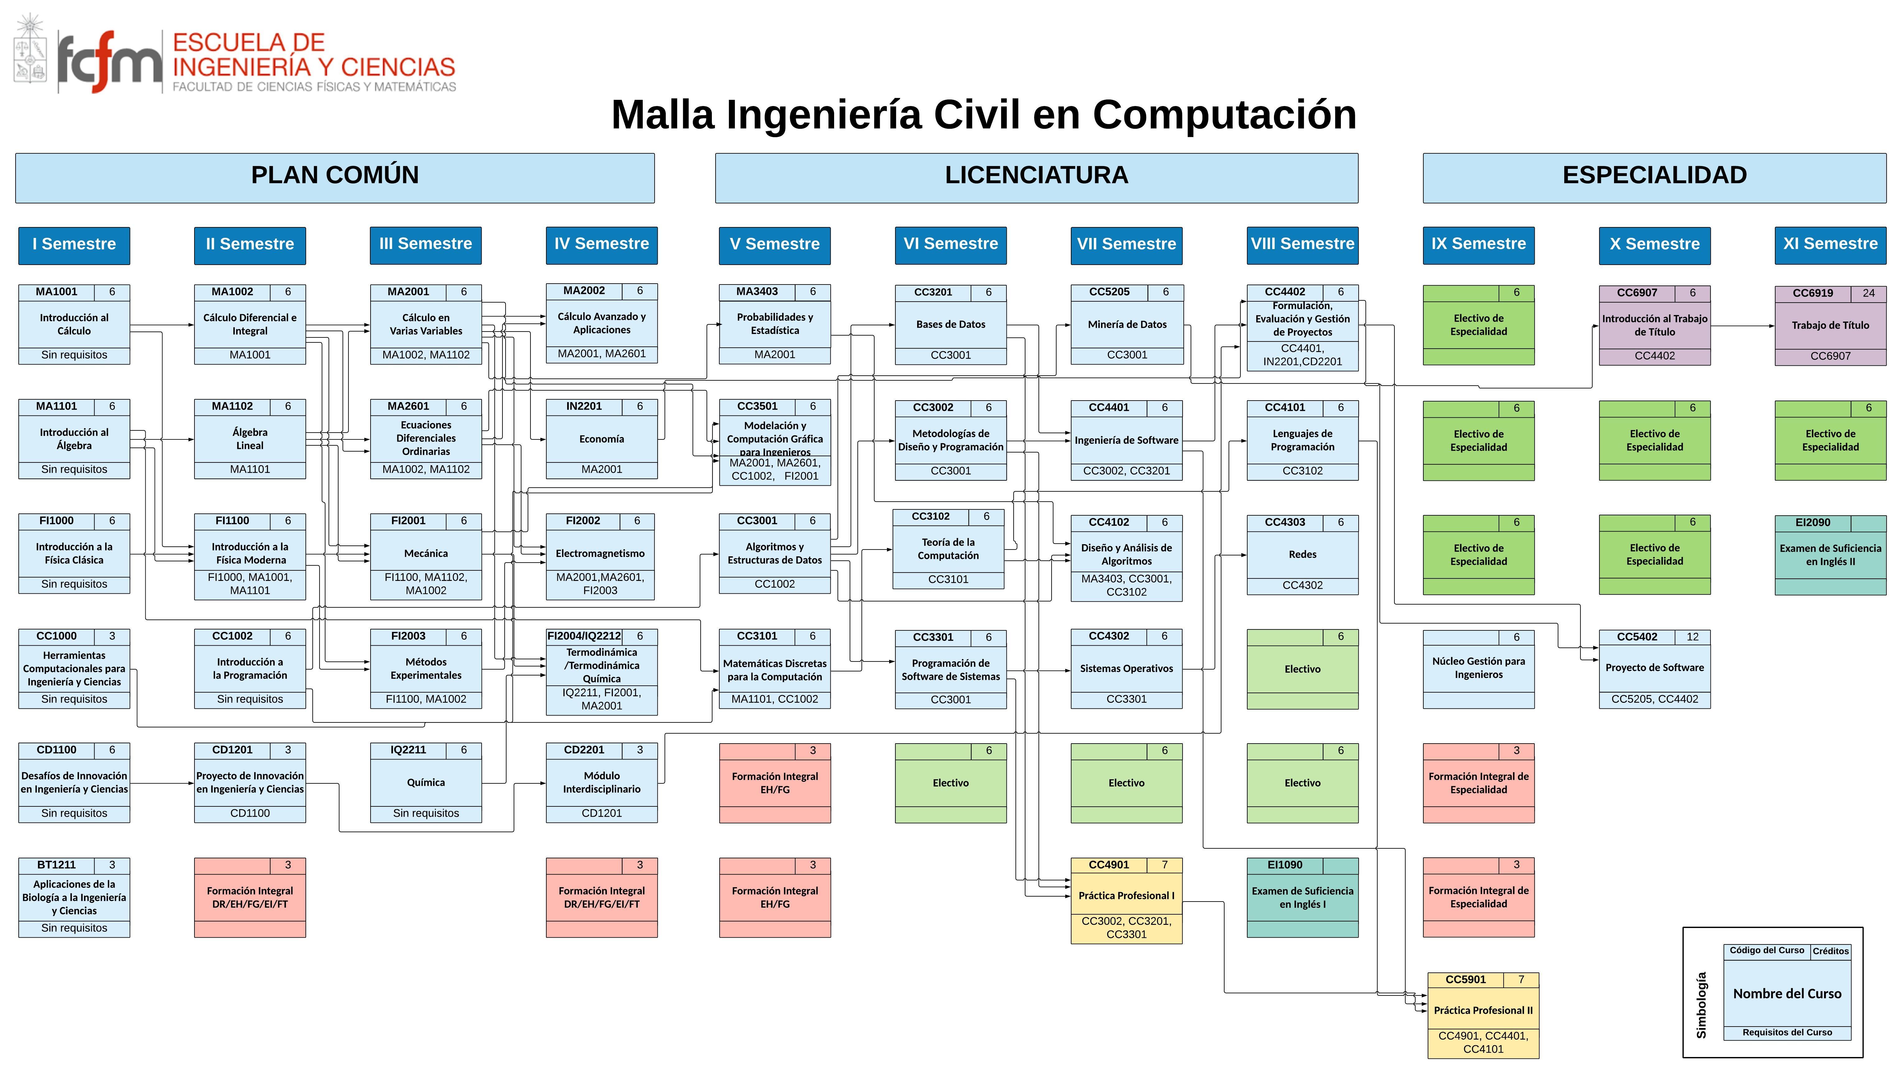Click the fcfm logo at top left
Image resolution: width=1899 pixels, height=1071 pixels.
109,62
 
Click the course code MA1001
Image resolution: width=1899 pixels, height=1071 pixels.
57,292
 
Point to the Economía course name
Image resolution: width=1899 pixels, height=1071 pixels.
602,439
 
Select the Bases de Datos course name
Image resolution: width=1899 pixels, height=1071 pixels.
950,324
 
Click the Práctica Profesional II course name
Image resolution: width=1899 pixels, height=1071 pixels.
1482,1011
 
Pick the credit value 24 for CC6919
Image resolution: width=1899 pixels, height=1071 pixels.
1868,293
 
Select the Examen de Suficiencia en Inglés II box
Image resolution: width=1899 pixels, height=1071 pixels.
1830,555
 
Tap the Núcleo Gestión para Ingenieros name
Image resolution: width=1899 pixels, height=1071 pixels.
1478,668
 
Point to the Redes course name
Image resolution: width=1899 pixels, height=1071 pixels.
1302,554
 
